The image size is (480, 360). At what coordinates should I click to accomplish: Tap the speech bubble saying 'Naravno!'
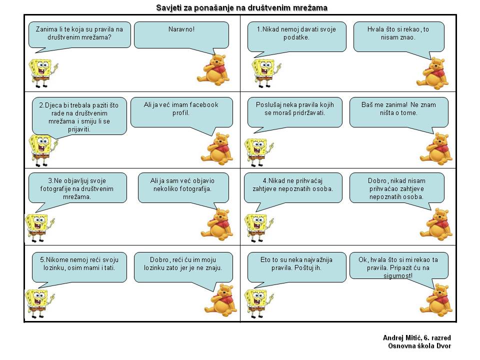pyautogui.click(x=181, y=35)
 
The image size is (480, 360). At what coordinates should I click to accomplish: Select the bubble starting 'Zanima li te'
pyautogui.click(x=79, y=35)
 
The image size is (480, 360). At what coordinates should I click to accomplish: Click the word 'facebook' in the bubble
pyautogui.click(x=204, y=104)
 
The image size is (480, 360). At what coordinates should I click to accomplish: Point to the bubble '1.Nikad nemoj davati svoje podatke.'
pyautogui.click(x=296, y=36)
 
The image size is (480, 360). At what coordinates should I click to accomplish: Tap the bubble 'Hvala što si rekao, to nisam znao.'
pyautogui.click(x=398, y=36)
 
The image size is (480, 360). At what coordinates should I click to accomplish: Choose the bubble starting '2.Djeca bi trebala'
pyautogui.click(x=79, y=116)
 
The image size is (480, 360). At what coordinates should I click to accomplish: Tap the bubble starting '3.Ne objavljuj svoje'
pyautogui.click(x=77, y=188)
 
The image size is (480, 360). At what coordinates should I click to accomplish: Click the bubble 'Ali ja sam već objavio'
pyautogui.click(x=183, y=188)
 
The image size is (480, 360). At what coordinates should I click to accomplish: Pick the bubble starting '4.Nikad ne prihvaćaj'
pyautogui.click(x=293, y=188)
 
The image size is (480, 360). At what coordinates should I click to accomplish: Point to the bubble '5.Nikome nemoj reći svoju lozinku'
pyautogui.click(x=79, y=267)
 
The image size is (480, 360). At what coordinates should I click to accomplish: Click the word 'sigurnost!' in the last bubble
pyautogui.click(x=398, y=275)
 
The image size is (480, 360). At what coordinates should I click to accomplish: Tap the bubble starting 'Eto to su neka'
pyautogui.click(x=296, y=267)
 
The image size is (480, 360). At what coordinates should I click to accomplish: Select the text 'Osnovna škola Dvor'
pyautogui.click(x=419, y=345)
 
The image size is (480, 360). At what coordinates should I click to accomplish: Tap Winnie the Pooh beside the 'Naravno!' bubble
pyautogui.click(x=213, y=70)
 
